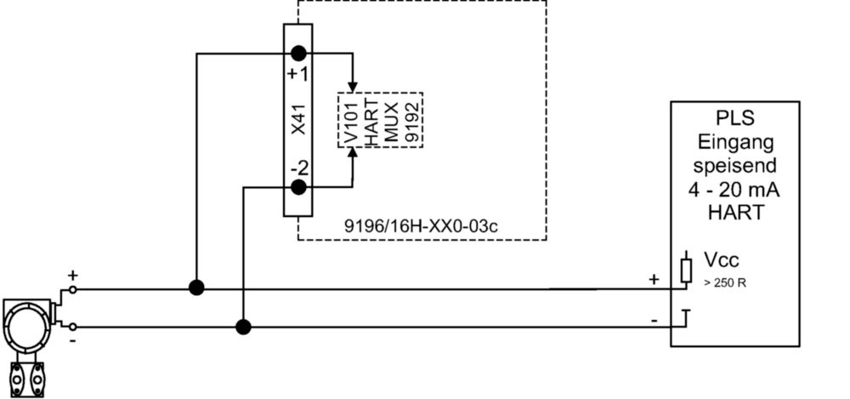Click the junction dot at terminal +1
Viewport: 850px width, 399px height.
[298, 54]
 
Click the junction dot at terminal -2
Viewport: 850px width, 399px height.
[298, 187]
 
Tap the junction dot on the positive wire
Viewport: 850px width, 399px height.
[196, 288]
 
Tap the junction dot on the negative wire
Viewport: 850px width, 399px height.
[243, 327]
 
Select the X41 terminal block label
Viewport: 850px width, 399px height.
[299, 120]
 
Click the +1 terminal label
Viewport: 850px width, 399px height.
[297, 73]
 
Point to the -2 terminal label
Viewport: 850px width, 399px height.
[298, 168]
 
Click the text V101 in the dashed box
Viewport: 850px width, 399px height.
[351, 123]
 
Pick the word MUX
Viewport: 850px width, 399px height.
[391, 122]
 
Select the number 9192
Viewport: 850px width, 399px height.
[412, 123]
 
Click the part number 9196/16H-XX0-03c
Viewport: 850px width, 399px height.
[422, 225]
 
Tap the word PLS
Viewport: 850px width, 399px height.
[735, 118]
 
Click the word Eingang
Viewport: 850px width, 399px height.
[735, 142]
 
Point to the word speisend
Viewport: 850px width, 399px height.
[735, 165]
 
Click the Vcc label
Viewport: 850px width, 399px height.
[722, 259]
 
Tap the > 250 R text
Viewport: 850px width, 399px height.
[725, 282]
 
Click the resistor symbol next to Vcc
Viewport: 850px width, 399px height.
[686, 271]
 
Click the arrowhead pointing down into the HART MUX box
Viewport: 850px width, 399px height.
[353, 87]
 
